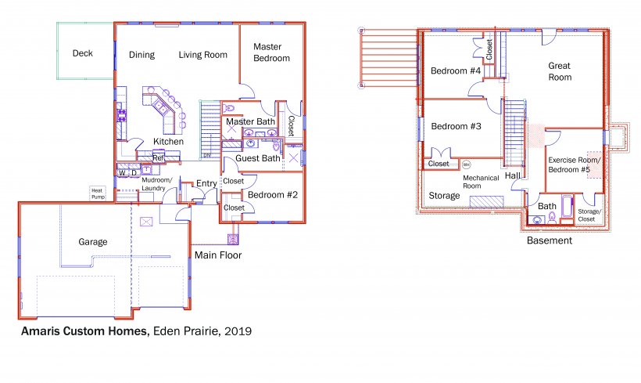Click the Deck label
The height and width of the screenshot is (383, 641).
pyautogui.click(x=83, y=53)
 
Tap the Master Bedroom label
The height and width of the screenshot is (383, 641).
pyautogui.click(x=271, y=52)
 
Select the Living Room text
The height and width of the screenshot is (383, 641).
pyautogui.click(x=202, y=55)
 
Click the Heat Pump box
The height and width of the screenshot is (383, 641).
pyautogui.click(x=98, y=193)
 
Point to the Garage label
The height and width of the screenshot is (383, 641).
pyautogui.click(x=93, y=242)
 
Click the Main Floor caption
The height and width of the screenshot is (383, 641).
pyautogui.click(x=218, y=255)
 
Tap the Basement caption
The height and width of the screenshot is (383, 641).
pyautogui.click(x=550, y=240)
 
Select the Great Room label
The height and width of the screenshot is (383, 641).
pyautogui.click(x=560, y=71)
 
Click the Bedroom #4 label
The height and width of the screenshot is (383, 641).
pyautogui.click(x=456, y=70)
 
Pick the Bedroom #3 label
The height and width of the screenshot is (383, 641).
pyautogui.click(x=457, y=126)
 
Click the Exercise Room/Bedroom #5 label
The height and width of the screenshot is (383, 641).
pyautogui.click(x=575, y=164)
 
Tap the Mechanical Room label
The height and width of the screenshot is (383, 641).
pyautogui.click(x=481, y=182)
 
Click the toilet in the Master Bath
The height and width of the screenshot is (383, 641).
pyautogui.click(x=228, y=109)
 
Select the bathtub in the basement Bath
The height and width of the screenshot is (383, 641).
pyautogui.click(x=568, y=207)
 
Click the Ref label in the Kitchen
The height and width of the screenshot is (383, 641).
pyautogui.click(x=158, y=157)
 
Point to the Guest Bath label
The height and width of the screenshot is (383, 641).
pyautogui.click(x=258, y=158)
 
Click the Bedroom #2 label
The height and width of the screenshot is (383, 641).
pyautogui.click(x=273, y=195)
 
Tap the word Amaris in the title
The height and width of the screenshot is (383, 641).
pyautogui.click(x=41, y=331)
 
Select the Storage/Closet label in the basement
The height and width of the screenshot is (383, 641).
pyautogui.click(x=589, y=215)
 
